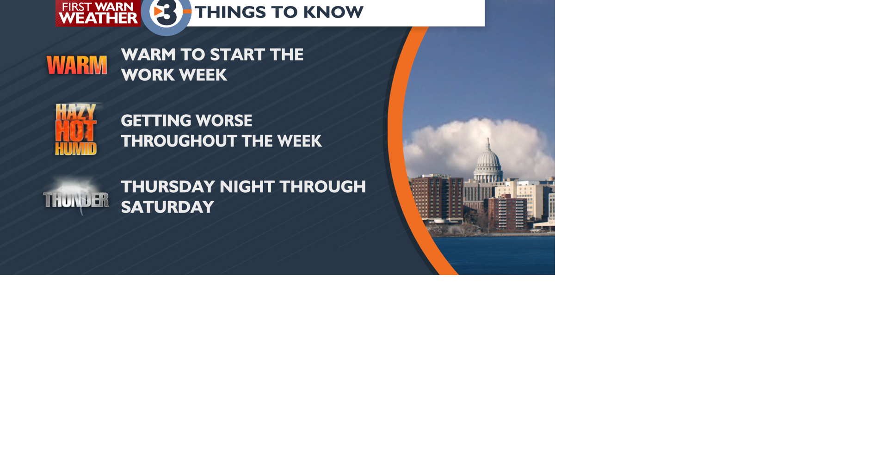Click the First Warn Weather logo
[x=98, y=13]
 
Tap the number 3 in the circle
[x=166, y=14]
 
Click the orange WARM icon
[x=77, y=65]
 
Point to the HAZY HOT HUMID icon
[x=76, y=129]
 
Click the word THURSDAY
[x=168, y=187]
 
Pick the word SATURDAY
[x=167, y=207]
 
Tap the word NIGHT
[x=247, y=187]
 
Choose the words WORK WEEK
[x=174, y=75]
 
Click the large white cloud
[x=462, y=143]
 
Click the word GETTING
[x=149, y=121]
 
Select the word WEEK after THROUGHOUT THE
[x=299, y=141]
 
